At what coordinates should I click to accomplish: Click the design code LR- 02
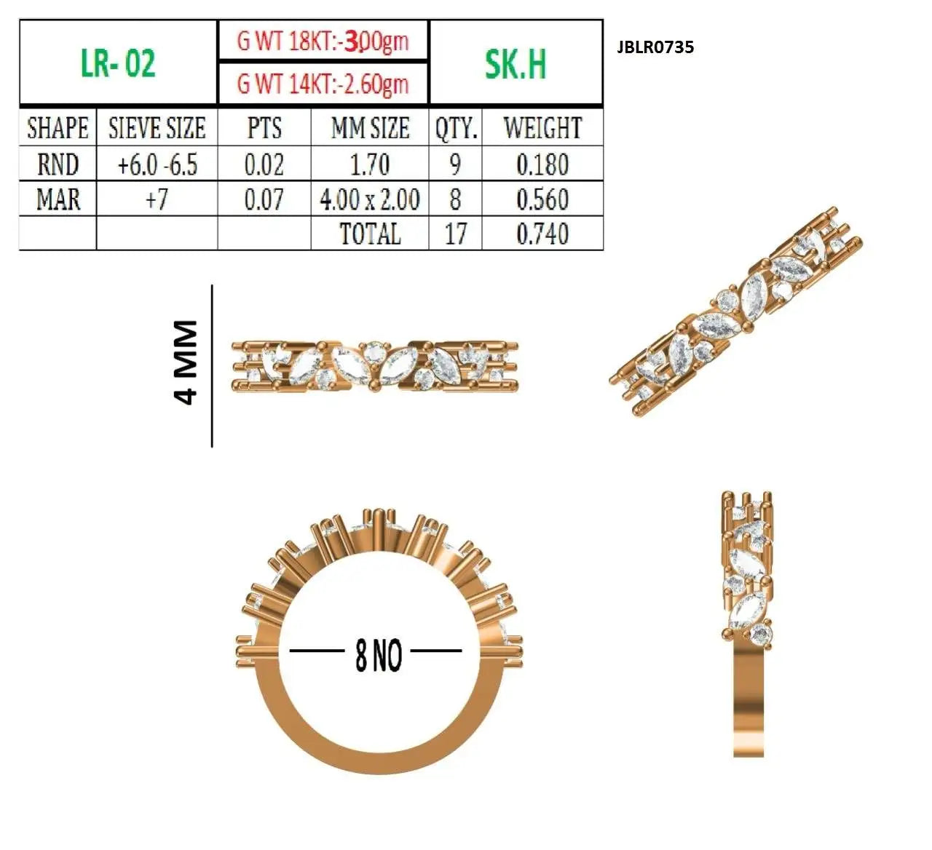click(118, 63)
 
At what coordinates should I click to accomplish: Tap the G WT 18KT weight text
click(323, 41)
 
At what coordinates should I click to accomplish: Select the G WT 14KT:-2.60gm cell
click(323, 84)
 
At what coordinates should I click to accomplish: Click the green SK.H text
click(516, 64)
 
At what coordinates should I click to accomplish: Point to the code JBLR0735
click(655, 47)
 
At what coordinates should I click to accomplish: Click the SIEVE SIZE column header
click(157, 128)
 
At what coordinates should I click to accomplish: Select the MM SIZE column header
click(371, 128)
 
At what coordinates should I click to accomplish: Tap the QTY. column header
click(456, 129)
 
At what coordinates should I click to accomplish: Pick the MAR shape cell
click(58, 199)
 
